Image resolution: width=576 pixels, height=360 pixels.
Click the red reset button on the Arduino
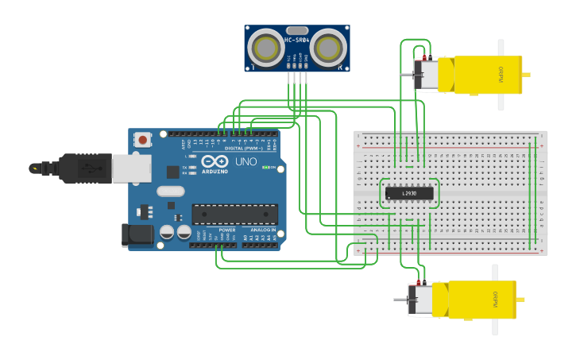pyautogui.click(x=143, y=140)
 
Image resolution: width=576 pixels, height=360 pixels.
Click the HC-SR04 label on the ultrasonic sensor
pyautogui.click(x=296, y=40)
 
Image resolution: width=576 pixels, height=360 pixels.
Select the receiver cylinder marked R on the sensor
pyautogui.click(x=328, y=48)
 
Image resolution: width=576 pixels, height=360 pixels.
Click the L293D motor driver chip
pyautogui.click(x=409, y=192)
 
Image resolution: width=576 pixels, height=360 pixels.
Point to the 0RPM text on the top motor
pyautogui.click(x=501, y=74)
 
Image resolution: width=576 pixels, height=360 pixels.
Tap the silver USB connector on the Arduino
pyautogui.click(x=131, y=168)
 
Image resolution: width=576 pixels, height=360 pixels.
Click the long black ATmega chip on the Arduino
pyautogui.click(x=234, y=214)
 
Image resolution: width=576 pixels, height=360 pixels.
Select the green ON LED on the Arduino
pyautogui.click(x=266, y=168)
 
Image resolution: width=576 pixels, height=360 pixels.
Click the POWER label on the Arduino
pyautogui.click(x=227, y=230)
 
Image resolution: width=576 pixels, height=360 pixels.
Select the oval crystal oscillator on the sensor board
pyautogui.click(x=296, y=29)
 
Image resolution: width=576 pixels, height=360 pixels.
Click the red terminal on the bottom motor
pyautogui.click(x=419, y=283)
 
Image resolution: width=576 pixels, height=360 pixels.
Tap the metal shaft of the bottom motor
pyautogui.click(x=401, y=300)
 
